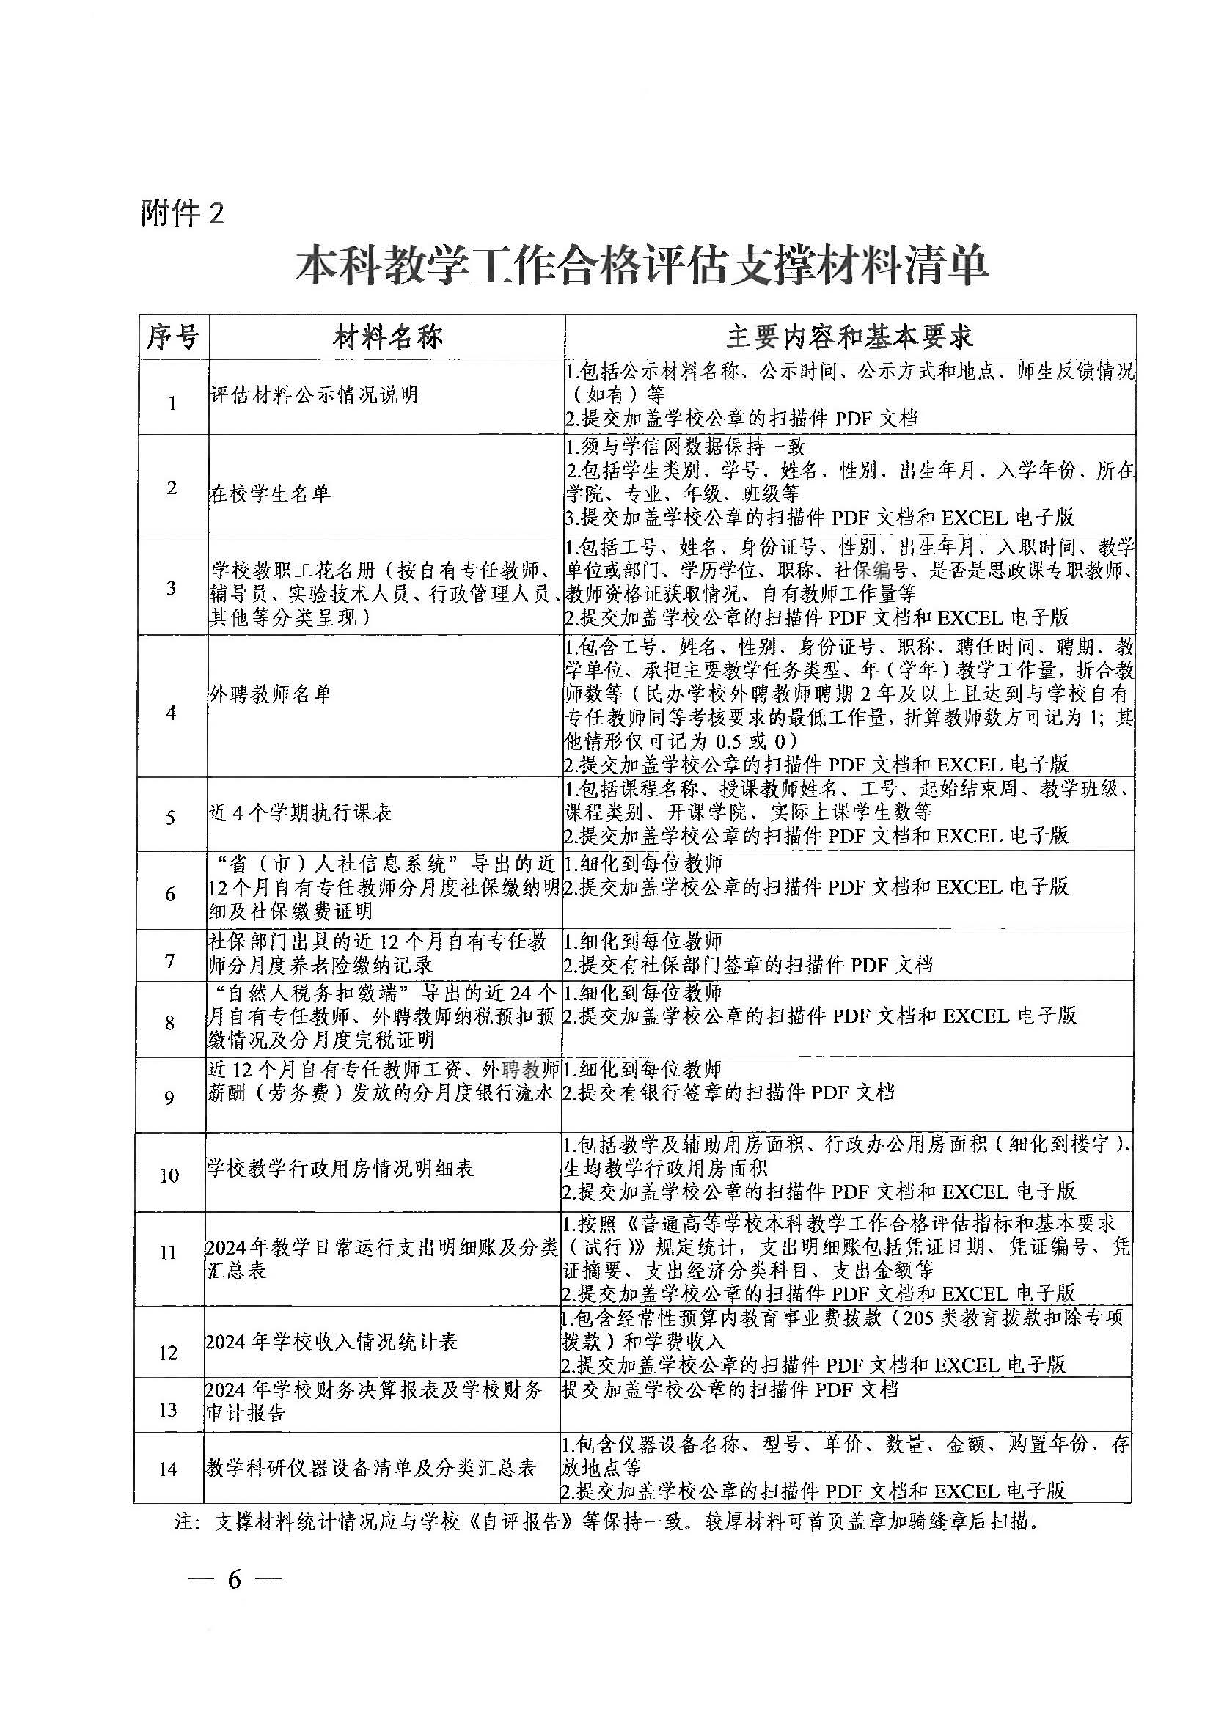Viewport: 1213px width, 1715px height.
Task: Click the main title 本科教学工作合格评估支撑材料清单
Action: pyautogui.click(x=642, y=265)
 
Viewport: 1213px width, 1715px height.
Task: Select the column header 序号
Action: pyautogui.click(x=172, y=337)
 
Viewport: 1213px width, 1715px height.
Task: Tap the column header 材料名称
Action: pyautogui.click(x=388, y=337)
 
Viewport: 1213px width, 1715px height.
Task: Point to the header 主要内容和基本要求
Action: pyautogui.click(x=850, y=337)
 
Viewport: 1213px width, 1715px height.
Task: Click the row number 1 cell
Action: pyautogui.click(x=172, y=404)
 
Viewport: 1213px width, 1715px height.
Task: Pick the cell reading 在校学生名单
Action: pyautogui.click(x=270, y=493)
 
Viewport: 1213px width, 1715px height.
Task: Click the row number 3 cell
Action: pyautogui.click(x=172, y=588)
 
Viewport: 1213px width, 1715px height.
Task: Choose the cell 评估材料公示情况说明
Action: pyautogui.click(x=315, y=395)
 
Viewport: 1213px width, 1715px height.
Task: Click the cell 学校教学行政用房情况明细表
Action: pyautogui.click(x=340, y=1169)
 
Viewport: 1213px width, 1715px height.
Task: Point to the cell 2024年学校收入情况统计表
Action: pyautogui.click(x=331, y=1343)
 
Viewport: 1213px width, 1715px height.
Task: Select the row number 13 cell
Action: pyautogui.click(x=168, y=1409)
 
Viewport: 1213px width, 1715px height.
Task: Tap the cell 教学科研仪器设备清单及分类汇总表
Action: pyautogui.click(x=371, y=1469)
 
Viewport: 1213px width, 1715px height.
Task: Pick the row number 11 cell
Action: pyautogui.click(x=169, y=1252)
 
